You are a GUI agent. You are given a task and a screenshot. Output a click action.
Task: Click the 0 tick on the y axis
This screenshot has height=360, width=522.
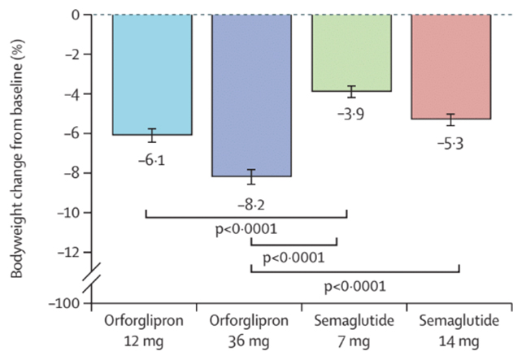[76, 15]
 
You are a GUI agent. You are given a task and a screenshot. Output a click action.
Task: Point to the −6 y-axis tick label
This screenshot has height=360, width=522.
[72, 133]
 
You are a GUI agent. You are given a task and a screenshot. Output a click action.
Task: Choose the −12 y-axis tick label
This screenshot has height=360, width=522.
[69, 252]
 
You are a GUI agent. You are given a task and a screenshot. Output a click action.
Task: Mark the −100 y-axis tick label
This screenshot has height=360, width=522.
[66, 303]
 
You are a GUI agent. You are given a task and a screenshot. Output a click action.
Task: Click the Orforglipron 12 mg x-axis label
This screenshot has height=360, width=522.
[152, 330]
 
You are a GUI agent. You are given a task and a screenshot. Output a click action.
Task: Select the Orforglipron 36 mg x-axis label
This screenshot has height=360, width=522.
[251, 330]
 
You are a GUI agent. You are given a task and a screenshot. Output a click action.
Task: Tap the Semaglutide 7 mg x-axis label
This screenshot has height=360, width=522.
[351, 330]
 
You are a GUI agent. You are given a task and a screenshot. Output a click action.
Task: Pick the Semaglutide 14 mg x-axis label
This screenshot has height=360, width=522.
[451, 330]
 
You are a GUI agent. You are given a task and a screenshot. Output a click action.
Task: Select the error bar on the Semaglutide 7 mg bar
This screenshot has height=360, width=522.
[351, 91]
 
